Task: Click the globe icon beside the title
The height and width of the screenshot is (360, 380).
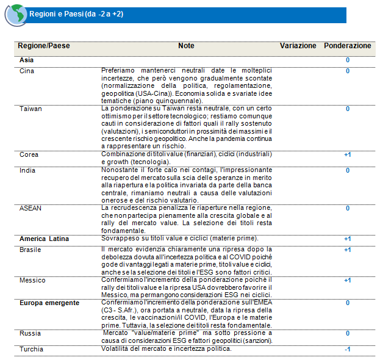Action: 15,15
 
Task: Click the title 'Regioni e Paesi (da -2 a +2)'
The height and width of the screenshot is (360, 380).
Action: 76,13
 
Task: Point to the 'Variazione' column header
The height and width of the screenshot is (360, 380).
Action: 298,46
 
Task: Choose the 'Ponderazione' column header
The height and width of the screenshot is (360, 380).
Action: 347,46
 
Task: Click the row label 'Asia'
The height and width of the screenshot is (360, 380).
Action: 27,60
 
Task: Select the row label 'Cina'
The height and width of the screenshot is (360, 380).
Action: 27,71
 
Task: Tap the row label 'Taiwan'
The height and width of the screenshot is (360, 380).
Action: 30,109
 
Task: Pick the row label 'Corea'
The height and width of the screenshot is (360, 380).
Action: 29,155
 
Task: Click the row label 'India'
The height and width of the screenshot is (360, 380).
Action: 27,170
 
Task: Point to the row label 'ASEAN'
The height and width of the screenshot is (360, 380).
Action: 30,208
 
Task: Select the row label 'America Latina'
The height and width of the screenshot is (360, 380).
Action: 44,239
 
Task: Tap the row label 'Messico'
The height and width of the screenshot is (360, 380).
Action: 32,280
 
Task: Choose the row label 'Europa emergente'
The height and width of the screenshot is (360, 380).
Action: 49,303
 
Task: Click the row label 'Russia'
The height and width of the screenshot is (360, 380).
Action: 30,334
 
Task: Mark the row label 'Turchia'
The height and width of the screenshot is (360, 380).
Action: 31,349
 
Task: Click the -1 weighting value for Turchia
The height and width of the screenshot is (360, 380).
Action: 347,349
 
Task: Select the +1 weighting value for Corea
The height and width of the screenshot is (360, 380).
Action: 347,155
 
